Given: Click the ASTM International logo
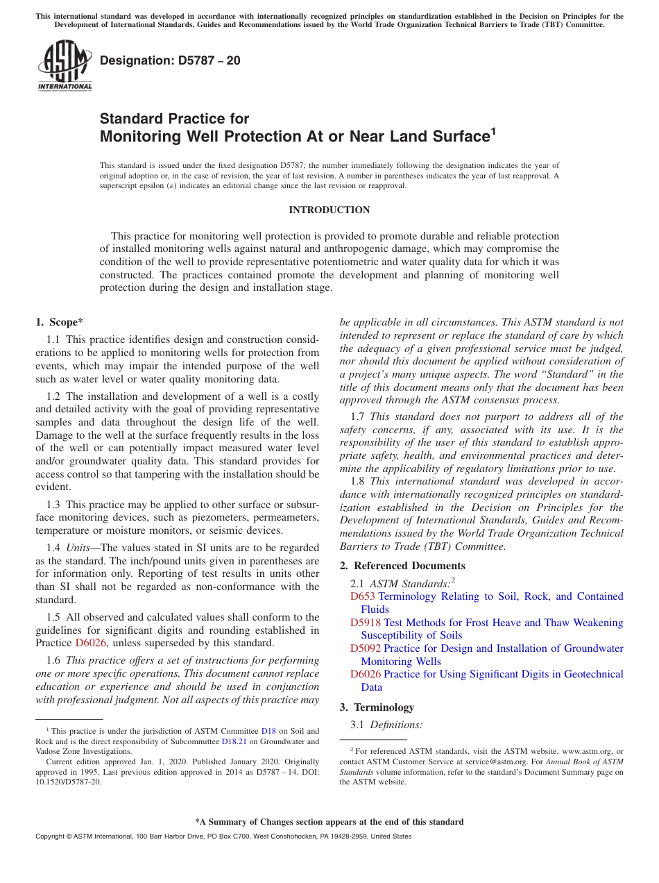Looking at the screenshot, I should (x=65, y=66).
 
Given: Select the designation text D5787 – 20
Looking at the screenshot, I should (x=170, y=60).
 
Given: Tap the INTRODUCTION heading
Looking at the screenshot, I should (x=329, y=210).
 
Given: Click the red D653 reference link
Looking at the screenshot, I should (x=363, y=596).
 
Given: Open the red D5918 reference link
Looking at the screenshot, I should (x=366, y=623).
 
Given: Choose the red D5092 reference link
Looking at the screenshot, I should (x=366, y=648).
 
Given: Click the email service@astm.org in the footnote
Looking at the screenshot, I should (x=490, y=762).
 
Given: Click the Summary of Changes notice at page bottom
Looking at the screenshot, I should (x=329, y=822).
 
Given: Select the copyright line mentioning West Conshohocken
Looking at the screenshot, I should (x=223, y=836).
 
